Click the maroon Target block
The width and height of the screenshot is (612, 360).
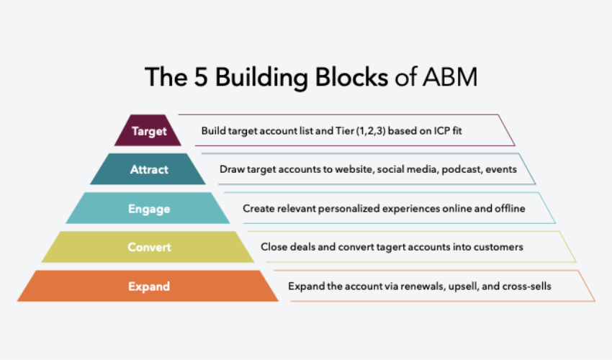[x=149, y=131]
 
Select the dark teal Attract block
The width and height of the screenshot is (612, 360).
[x=149, y=170]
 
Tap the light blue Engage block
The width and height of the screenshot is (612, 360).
[x=149, y=209]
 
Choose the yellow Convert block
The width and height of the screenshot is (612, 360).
[x=149, y=247]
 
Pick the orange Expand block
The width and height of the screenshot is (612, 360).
[x=149, y=286]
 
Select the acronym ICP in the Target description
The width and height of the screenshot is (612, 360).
[x=437, y=131]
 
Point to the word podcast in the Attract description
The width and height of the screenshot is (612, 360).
[x=458, y=170]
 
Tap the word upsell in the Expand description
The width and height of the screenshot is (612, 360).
[x=463, y=286]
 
